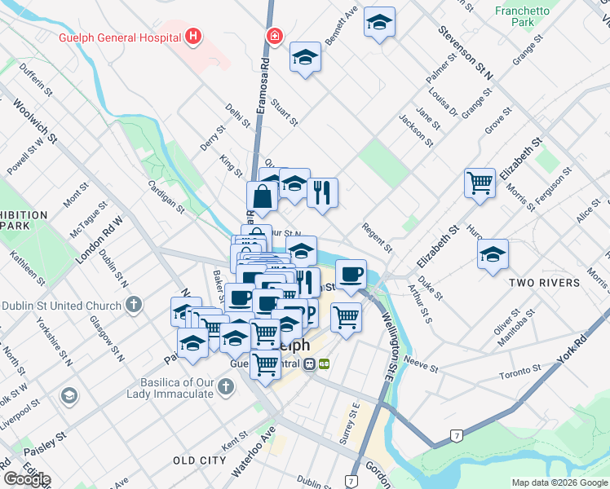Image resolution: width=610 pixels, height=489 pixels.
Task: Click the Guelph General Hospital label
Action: pyautogui.click(x=119, y=37)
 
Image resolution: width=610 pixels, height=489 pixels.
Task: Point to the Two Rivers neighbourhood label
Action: pyautogui.click(x=543, y=283)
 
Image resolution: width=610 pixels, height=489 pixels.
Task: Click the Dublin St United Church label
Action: pyautogui.click(x=62, y=306)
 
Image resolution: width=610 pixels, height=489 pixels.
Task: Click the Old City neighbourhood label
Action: pyautogui.click(x=199, y=460)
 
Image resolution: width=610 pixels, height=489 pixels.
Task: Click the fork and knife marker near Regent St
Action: pyautogui.click(x=322, y=192)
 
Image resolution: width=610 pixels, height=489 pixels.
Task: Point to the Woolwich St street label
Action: pyautogui.click(x=35, y=122)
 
